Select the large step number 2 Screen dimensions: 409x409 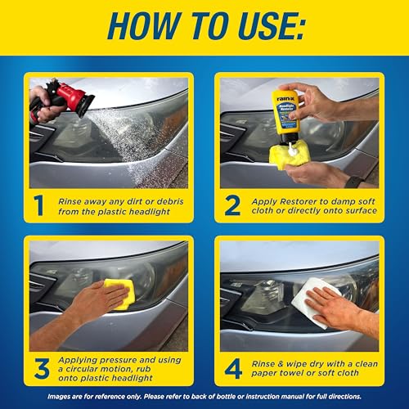(233, 204)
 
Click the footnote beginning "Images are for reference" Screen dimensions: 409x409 (204, 398)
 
